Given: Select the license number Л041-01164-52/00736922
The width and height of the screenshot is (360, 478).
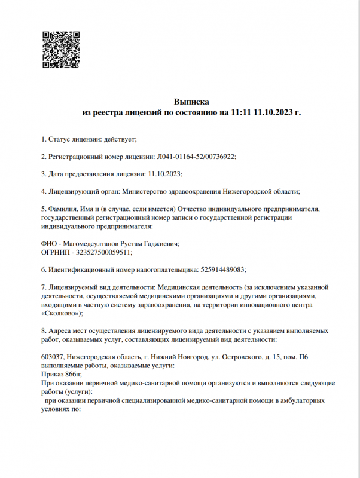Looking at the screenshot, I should pos(196,157).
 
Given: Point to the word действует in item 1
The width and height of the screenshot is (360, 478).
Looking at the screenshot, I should pos(120,139).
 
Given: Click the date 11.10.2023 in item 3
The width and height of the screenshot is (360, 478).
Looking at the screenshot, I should pos(163,174).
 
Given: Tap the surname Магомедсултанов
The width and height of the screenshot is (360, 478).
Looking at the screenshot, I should pos(99,244).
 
